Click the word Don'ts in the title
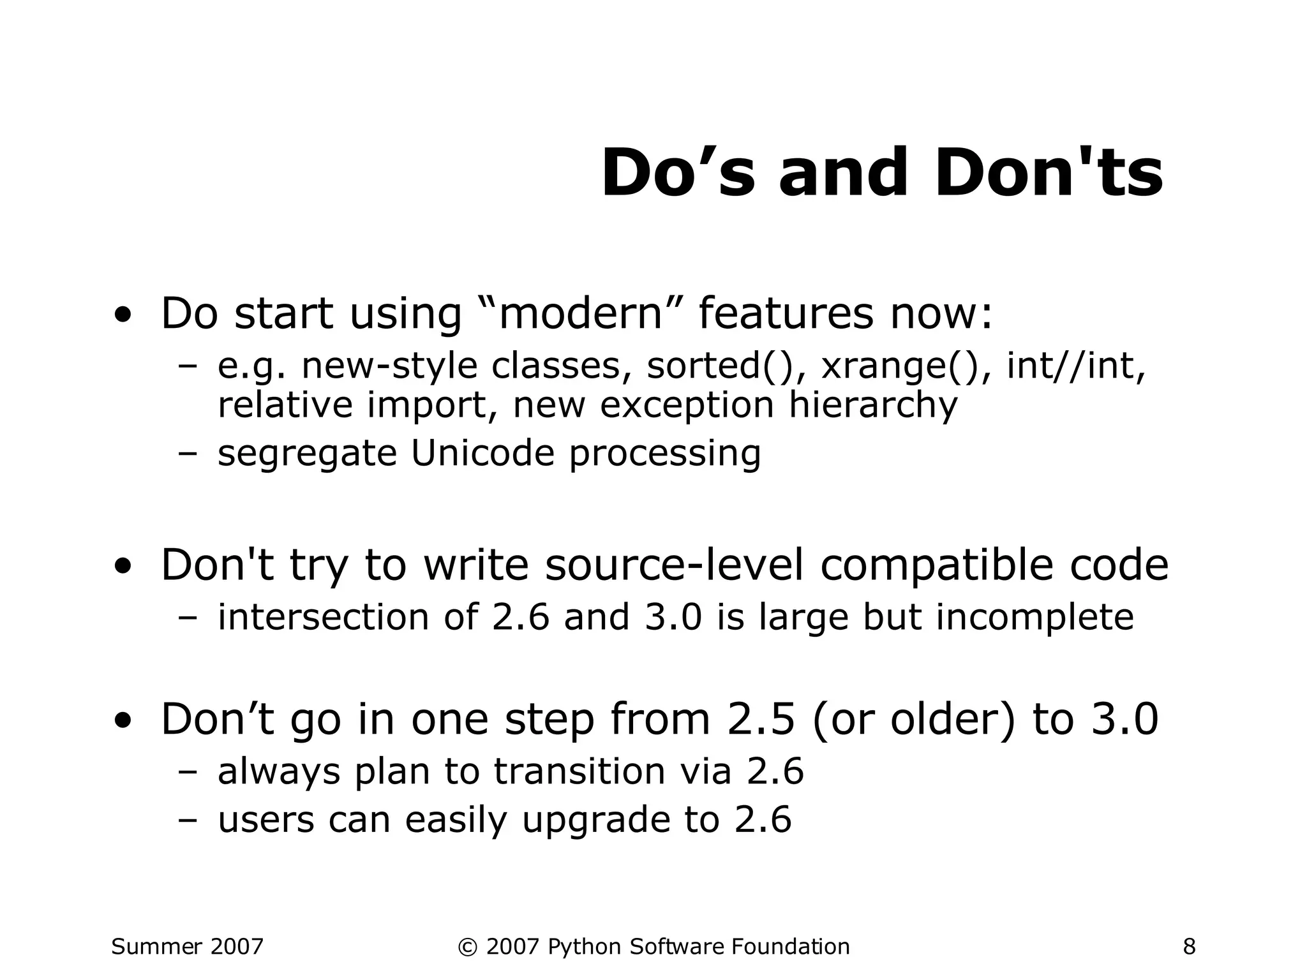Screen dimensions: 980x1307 tap(1049, 174)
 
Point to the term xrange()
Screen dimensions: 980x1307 tap(899, 366)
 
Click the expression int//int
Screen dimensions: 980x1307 tap(1076, 366)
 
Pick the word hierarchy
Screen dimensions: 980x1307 tap(873, 405)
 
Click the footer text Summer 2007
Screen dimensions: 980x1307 tap(187, 947)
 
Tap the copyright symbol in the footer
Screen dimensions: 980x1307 tap(467, 947)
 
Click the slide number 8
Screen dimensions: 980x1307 tap(1189, 947)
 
